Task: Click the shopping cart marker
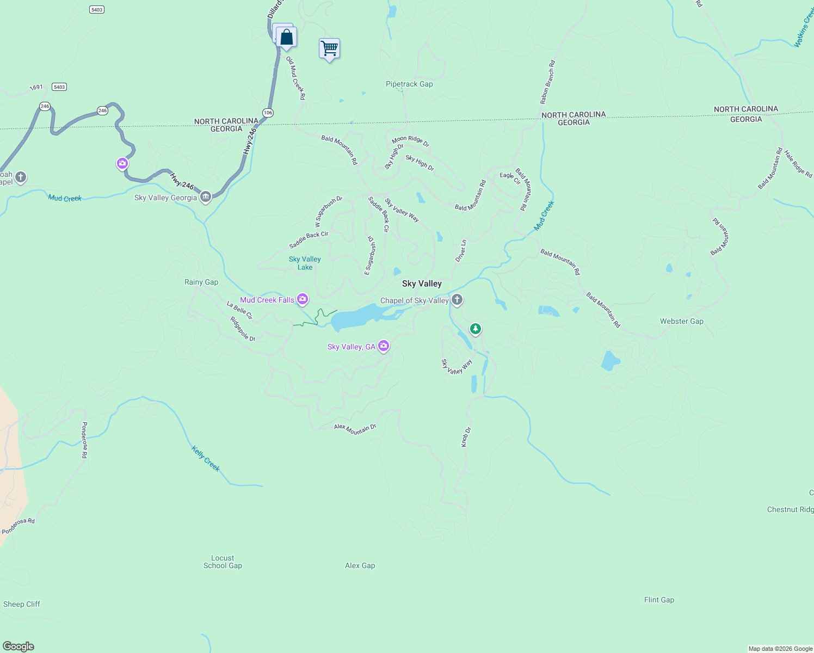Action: click(329, 48)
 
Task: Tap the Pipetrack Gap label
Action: click(409, 84)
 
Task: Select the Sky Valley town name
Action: click(422, 284)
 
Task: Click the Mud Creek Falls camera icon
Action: click(303, 299)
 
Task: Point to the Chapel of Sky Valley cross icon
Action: click(457, 299)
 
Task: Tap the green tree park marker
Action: click(476, 329)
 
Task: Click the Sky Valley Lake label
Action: click(305, 263)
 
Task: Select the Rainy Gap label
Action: click(201, 282)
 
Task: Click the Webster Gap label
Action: click(681, 322)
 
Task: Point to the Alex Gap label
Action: click(360, 566)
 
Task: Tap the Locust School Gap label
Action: click(223, 562)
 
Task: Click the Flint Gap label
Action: click(659, 600)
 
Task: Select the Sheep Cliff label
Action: click(22, 604)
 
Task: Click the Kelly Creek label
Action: click(206, 458)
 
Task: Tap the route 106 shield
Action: click(268, 113)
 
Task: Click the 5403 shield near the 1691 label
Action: click(59, 87)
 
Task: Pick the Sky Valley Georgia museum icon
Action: click(205, 197)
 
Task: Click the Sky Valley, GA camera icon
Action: click(384, 346)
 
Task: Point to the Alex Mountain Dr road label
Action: click(355, 429)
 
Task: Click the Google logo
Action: click(18, 646)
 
